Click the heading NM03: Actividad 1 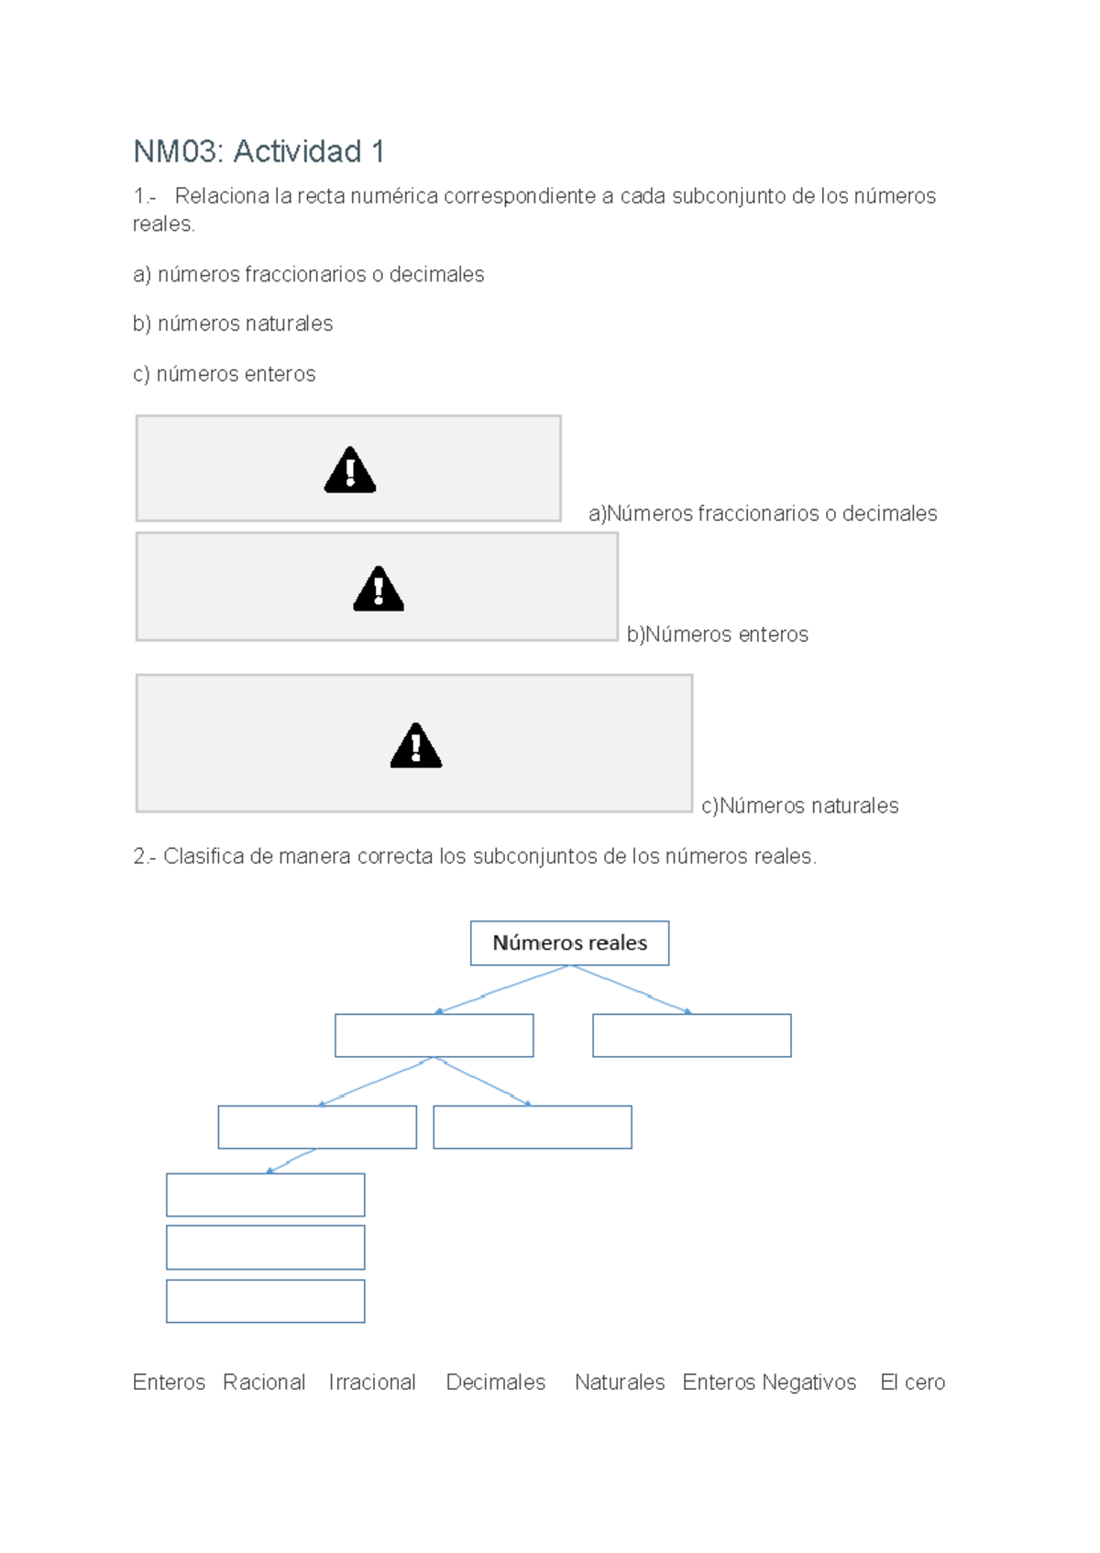point(258,151)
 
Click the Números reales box point(569,942)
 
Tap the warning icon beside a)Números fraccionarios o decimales point(350,470)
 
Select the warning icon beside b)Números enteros point(379,589)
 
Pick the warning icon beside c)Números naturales point(416,745)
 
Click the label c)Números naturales point(799,806)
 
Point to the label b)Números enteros point(717,634)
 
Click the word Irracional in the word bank point(372,1382)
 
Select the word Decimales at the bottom point(495,1382)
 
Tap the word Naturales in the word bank point(620,1382)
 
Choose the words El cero point(912,1382)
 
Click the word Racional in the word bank point(264,1382)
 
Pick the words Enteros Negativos point(769,1382)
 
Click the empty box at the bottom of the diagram point(266,1301)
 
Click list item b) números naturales point(233,324)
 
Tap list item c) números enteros point(225,374)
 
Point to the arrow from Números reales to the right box point(632,989)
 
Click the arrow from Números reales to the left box point(502,989)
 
